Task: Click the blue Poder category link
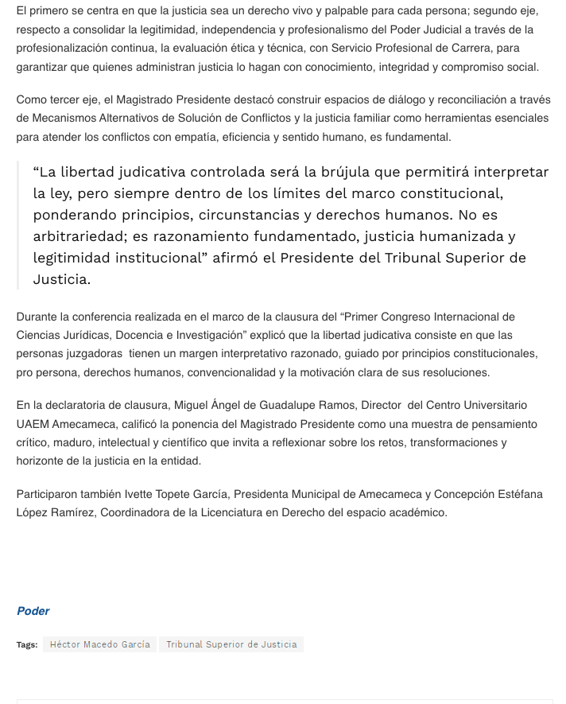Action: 33,611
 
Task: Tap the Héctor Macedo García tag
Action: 99,644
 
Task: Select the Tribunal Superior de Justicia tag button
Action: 231,644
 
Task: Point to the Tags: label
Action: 27,644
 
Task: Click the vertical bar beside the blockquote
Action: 17,225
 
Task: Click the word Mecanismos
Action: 58,119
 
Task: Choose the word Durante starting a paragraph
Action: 37,317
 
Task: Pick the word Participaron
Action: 50,494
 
